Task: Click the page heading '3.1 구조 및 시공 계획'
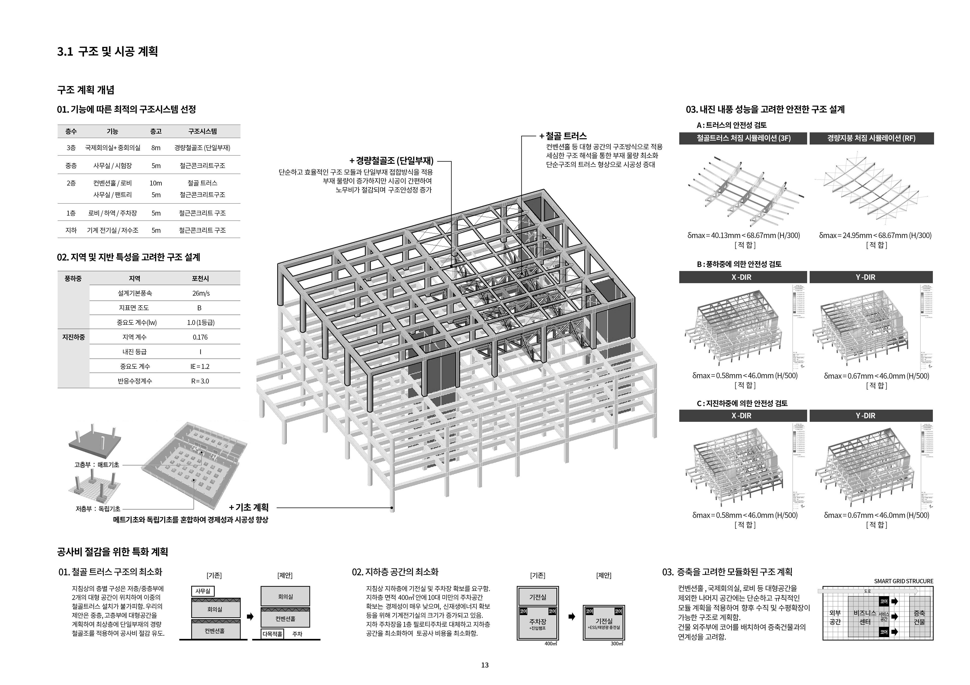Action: click(107, 52)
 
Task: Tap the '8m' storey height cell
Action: click(156, 148)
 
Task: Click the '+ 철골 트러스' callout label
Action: click(563, 136)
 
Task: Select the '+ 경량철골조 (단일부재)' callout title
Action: click(392, 161)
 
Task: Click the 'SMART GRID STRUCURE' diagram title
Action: click(903, 581)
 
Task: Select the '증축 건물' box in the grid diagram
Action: click(919, 617)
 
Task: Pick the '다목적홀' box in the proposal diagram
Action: click(273, 634)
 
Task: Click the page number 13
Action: click(484, 665)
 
